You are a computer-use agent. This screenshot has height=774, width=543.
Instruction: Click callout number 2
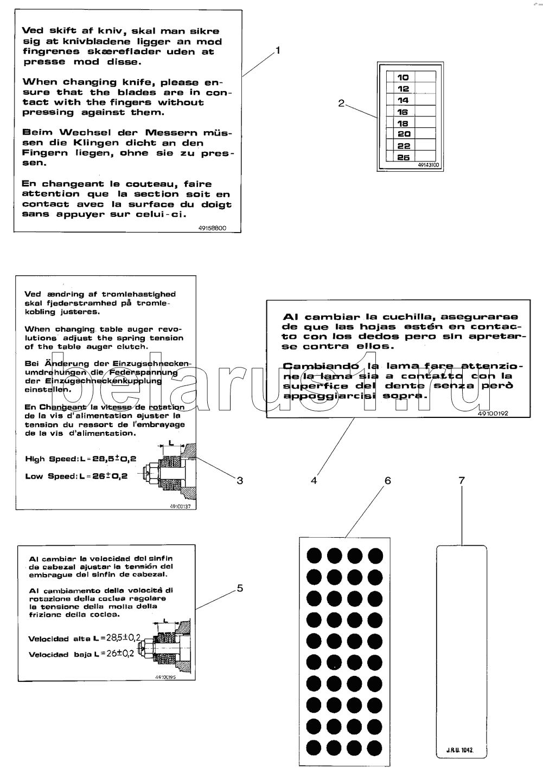tap(341, 103)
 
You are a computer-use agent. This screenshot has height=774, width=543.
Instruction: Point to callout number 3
tap(240, 480)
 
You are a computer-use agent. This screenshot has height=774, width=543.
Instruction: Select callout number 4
tap(314, 480)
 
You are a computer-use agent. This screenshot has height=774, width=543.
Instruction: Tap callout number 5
tap(240, 588)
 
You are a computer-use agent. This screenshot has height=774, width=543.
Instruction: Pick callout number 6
tap(388, 480)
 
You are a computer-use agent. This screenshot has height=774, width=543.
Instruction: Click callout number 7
tap(462, 480)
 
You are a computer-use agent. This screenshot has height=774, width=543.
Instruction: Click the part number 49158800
tap(212, 228)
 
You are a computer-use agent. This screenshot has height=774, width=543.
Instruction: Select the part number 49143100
tap(429, 165)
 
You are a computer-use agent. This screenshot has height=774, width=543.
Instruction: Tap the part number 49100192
tap(493, 413)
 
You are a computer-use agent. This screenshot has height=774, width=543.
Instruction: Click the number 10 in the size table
tap(403, 78)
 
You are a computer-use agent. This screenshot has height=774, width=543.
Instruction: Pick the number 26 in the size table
tap(403, 157)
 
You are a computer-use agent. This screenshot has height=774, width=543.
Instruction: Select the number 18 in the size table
tap(403, 124)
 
